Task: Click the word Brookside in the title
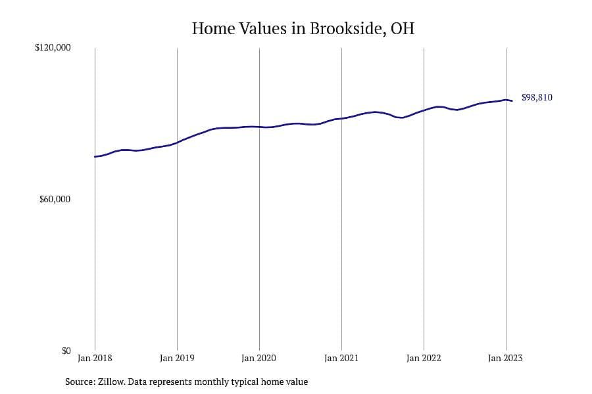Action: pos(347,29)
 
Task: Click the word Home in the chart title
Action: pos(213,29)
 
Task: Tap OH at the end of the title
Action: pos(403,29)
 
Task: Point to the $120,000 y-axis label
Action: pos(53,47)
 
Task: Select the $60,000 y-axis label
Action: pos(55,199)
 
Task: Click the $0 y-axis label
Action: pos(66,351)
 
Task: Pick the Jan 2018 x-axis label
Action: pos(95,358)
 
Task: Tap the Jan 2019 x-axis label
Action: pos(177,358)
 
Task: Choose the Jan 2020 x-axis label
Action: pos(259,358)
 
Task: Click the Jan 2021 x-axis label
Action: pos(341,358)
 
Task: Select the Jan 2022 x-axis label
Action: pos(424,358)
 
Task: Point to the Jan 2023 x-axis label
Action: pos(506,358)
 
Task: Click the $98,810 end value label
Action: pos(537,97)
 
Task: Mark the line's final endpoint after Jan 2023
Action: pos(512,100)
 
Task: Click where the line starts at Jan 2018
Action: pos(95,156)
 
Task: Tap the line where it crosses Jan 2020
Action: pos(259,127)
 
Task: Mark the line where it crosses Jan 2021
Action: pos(341,119)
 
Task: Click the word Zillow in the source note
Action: pos(111,382)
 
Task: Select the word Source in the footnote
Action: pos(80,382)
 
